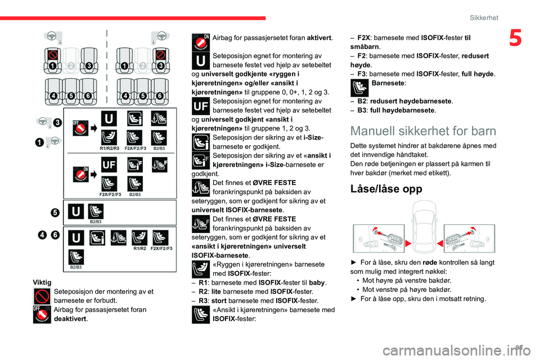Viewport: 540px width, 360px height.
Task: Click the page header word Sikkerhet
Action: (x=484, y=17)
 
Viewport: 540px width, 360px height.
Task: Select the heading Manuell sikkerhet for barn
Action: (x=422, y=131)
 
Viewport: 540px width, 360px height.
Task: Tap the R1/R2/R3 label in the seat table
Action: (x=109, y=148)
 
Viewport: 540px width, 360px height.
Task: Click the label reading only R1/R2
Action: (x=140, y=248)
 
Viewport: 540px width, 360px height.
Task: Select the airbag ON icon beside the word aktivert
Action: (x=200, y=41)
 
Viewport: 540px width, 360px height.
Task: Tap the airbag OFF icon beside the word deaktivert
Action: (x=42, y=314)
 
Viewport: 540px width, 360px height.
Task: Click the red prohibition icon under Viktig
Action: (x=42, y=296)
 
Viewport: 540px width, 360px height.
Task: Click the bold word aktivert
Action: (x=318, y=38)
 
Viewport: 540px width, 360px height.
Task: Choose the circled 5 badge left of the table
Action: (x=54, y=212)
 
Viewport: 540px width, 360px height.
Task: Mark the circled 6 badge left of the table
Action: (x=55, y=235)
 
